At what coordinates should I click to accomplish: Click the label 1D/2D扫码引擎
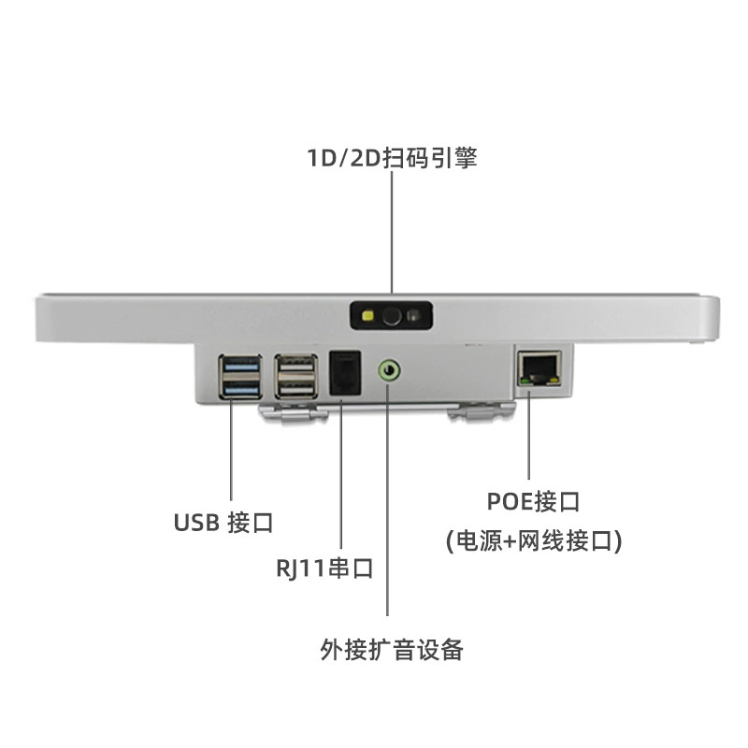point(392,158)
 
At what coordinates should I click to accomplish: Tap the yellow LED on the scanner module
point(367,316)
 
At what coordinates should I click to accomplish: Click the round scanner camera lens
point(392,316)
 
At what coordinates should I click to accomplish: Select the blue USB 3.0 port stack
point(241,377)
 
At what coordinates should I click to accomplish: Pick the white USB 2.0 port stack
point(296,377)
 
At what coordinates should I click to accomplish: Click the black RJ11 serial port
point(345,373)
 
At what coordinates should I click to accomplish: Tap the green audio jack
point(389,370)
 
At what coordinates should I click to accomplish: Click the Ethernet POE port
point(539,368)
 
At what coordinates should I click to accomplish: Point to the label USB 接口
point(223,523)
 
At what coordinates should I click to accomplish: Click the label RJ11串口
point(324,568)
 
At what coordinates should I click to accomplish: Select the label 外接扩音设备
point(392,649)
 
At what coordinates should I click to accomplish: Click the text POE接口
point(533,501)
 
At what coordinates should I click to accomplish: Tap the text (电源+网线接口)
point(534,541)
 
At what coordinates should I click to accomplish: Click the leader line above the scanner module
point(392,232)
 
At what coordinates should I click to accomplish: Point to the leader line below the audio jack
point(387,498)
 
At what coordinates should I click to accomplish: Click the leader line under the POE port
point(528,435)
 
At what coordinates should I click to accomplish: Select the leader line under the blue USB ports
point(231,450)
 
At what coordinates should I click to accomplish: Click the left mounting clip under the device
point(293,412)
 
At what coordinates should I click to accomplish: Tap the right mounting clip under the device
point(482,411)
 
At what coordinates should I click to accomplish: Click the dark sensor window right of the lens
point(414,316)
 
